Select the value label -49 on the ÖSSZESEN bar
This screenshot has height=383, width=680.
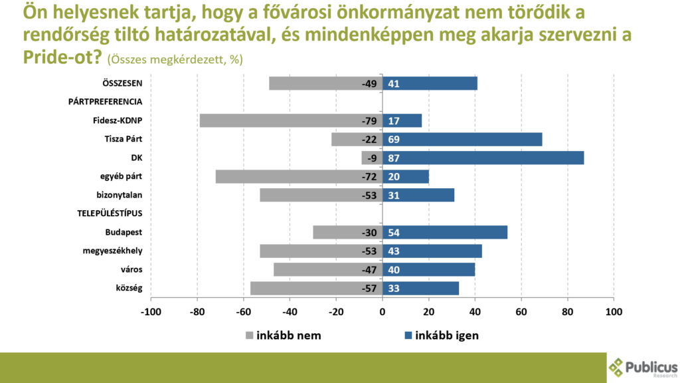(369, 84)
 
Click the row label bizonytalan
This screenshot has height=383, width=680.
(120, 195)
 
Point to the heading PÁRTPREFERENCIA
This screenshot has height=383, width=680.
(105, 102)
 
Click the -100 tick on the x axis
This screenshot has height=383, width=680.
(151, 311)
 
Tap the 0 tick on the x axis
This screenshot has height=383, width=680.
(382, 311)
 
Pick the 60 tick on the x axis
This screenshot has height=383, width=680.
(521, 311)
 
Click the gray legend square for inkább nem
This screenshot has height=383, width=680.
(250, 336)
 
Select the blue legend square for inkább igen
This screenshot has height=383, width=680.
(408, 336)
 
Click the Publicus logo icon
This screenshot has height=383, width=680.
(618, 367)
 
